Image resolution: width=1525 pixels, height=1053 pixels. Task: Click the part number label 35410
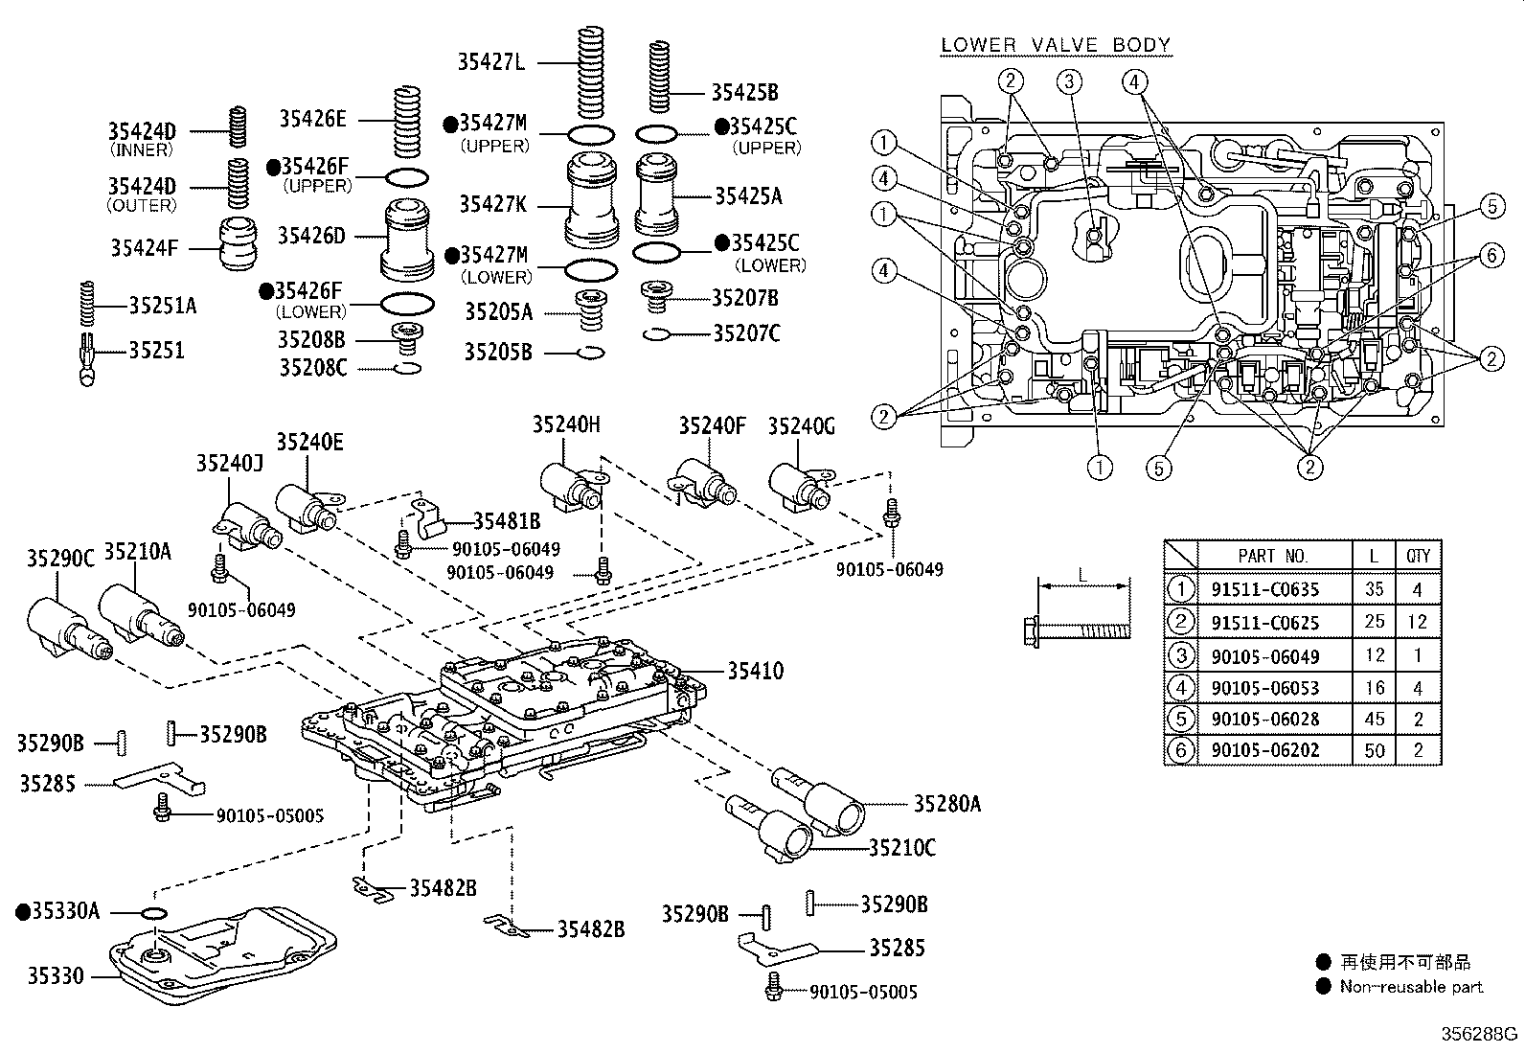(755, 672)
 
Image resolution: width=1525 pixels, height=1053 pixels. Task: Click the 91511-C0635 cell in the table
(1264, 590)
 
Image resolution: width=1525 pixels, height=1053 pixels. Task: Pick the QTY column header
(1418, 556)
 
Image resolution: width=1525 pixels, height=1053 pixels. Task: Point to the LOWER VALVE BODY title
(1056, 45)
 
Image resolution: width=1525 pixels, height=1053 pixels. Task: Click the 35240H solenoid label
(566, 424)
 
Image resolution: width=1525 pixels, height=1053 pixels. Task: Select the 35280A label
(946, 804)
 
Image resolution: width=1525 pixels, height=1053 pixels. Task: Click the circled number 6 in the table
(1181, 750)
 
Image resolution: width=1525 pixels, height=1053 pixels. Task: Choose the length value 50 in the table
(1375, 750)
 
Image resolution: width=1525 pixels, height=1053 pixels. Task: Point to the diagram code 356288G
(1481, 1034)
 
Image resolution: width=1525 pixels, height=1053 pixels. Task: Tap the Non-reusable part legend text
(1410, 987)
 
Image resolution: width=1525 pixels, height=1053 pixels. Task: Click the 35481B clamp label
(507, 520)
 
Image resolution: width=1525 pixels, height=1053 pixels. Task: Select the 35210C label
(902, 848)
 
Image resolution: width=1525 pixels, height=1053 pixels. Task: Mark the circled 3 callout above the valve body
(1070, 80)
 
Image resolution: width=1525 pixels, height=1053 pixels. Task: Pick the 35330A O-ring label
(65, 911)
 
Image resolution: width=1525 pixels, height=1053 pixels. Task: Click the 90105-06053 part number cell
(1264, 688)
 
